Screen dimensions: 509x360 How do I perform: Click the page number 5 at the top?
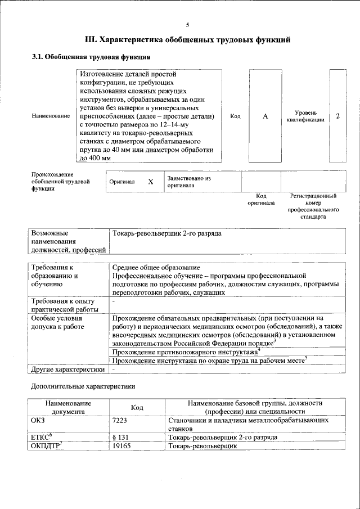tap(188, 25)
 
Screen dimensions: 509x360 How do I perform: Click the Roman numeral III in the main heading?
tap(90, 40)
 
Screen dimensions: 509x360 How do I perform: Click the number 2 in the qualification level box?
tap(337, 116)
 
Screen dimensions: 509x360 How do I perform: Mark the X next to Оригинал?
tap(150, 182)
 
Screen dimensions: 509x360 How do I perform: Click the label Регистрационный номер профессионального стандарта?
tap(313, 206)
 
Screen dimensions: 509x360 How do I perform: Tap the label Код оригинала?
tap(261, 199)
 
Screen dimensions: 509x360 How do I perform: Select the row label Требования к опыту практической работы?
tap(60, 305)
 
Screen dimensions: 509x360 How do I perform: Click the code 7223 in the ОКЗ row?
tap(120, 420)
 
